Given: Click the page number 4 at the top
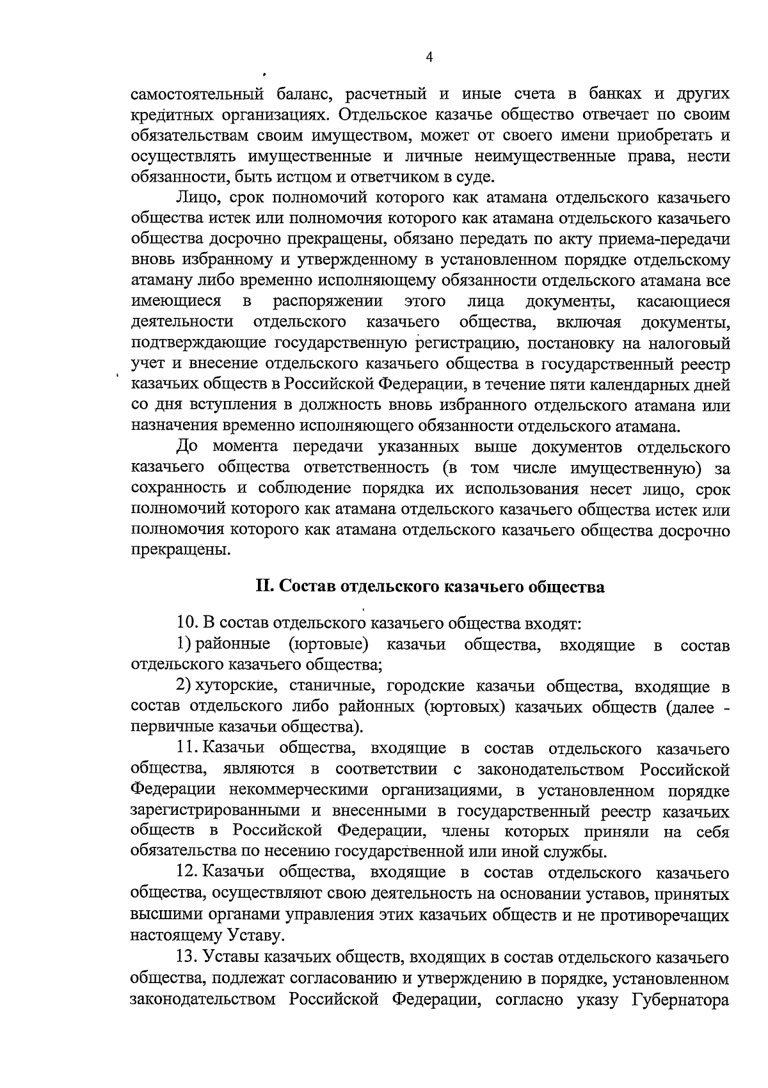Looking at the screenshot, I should coord(429,58).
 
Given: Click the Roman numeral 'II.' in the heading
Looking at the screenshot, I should coord(265,587).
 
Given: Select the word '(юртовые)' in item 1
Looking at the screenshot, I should coord(328,645).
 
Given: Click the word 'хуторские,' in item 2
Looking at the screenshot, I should coord(235,687).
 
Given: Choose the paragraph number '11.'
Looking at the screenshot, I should coord(188,748).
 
